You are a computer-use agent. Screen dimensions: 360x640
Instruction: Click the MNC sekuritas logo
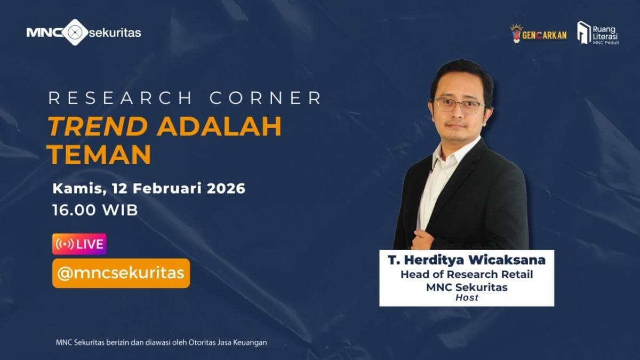pos(84,33)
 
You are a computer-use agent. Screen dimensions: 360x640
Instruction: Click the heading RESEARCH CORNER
pos(185,98)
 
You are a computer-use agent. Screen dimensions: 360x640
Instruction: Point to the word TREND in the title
pos(98,126)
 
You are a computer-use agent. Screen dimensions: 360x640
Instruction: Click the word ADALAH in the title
pos(219,126)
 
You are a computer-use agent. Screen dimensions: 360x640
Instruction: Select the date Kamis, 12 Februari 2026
pos(149,188)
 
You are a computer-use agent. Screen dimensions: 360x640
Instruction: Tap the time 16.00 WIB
pos(95,210)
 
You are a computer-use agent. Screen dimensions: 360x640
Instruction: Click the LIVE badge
pos(79,244)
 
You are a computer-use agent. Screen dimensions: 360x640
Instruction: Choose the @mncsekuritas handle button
pos(121,273)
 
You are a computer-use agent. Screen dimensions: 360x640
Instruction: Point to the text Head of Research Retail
pos(467,275)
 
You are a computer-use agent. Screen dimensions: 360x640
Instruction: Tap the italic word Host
pos(467,298)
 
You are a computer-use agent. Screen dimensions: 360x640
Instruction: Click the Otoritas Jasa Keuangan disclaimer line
pos(161,342)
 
